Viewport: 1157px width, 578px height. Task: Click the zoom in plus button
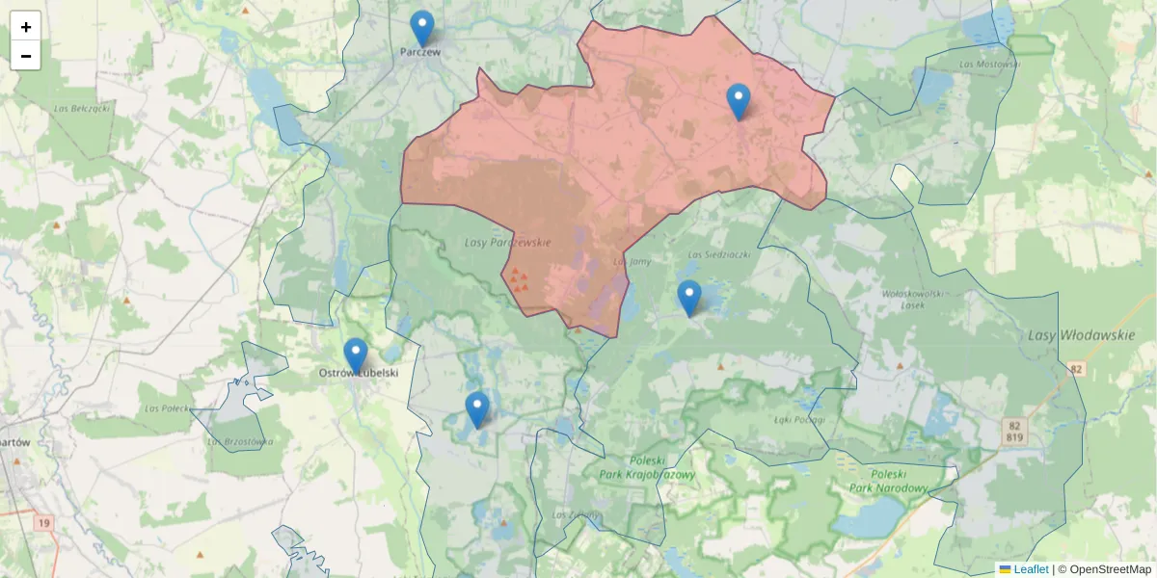coord(26,27)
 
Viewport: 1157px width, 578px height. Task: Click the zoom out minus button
coord(26,56)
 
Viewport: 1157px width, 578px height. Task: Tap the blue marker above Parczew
coord(421,28)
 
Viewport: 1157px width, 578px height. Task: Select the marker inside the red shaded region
coord(739,101)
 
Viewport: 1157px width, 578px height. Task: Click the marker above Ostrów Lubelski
coord(356,355)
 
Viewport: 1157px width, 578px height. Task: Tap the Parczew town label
coord(421,52)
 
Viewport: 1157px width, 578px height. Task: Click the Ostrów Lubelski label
coord(359,373)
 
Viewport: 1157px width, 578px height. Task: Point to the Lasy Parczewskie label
coord(507,243)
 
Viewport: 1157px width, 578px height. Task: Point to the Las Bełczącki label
coord(82,109)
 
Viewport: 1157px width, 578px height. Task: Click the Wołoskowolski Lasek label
coord(911,299)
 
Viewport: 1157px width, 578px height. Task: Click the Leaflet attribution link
coord(1030,569)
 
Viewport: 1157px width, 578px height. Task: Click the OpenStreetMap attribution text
coord(1110,569)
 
